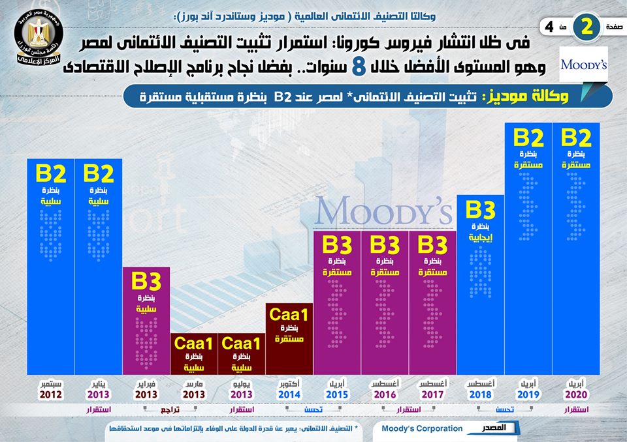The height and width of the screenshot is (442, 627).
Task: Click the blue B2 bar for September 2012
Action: point(51,267)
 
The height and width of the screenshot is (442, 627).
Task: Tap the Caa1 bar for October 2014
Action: point(289,339)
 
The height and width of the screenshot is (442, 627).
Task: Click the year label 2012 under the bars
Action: point(50,394)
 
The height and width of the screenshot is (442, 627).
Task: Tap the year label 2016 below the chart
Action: point(385,394)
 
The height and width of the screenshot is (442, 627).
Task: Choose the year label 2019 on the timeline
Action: point(528,394)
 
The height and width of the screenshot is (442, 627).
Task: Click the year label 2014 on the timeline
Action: point(289,394)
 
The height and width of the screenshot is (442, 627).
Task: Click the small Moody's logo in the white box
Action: point(584,65)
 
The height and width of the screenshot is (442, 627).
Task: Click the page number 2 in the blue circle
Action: point(588,27)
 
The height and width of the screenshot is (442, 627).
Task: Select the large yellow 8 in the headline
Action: point(358,66)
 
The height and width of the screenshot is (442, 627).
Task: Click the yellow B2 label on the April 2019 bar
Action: point(528,138)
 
